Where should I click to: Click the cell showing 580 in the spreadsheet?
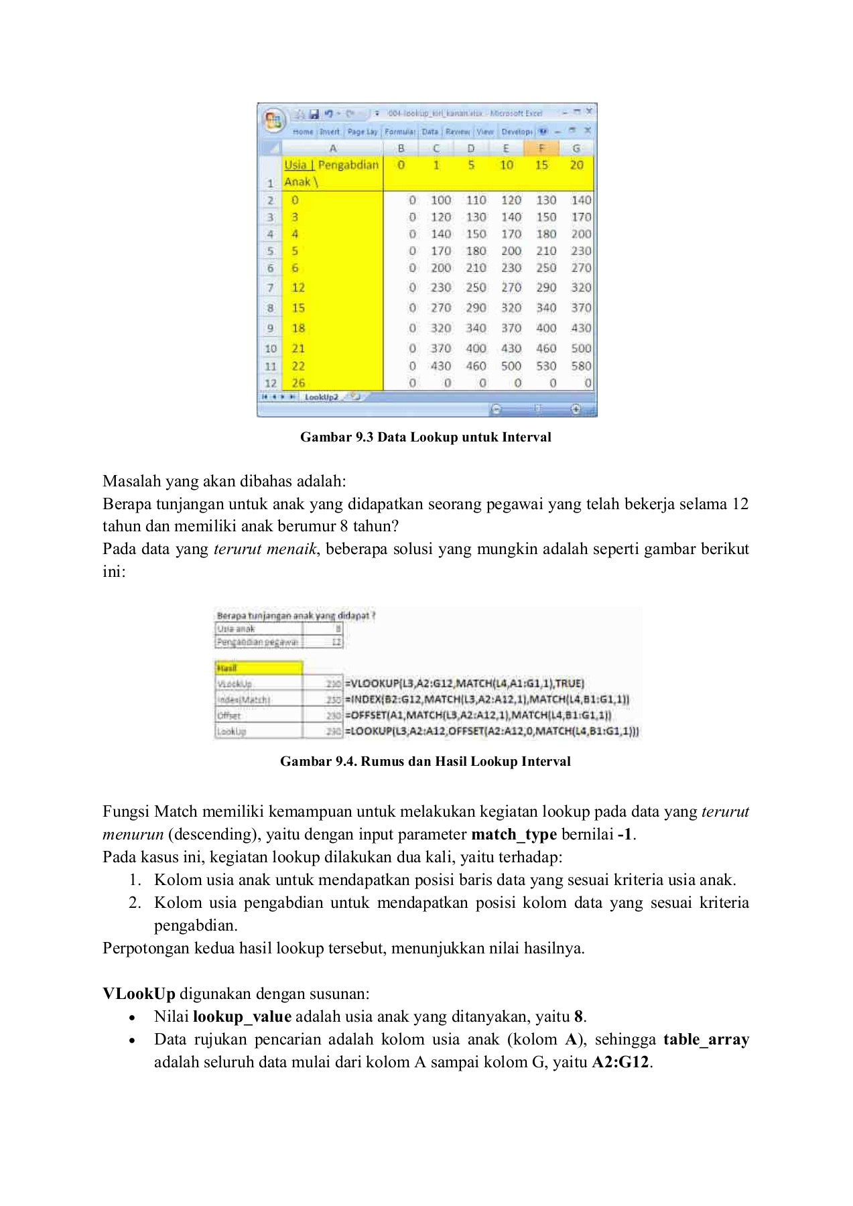(580, 366)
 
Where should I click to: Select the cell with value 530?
(545, 366)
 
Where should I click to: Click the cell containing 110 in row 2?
(476, 200)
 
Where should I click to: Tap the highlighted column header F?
(541, 148)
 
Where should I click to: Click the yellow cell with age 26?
(298, 383)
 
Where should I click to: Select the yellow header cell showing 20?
(576, 165)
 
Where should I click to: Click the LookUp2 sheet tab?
(321, 397)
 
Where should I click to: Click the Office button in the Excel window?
(273, 121)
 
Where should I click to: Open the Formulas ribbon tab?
(399, 132)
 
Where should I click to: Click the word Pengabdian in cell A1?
(348, 165)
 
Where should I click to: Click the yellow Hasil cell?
(258, 668)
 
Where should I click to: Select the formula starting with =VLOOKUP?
(464, 683)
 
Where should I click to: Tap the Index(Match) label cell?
(258, 699)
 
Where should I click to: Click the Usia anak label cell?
(258, 628)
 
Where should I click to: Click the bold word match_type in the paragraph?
(514, 834)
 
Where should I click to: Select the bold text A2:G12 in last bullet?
(620, 1062)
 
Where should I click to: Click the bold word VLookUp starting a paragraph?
(139, 994)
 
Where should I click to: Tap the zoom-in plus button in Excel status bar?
(576, 409)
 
